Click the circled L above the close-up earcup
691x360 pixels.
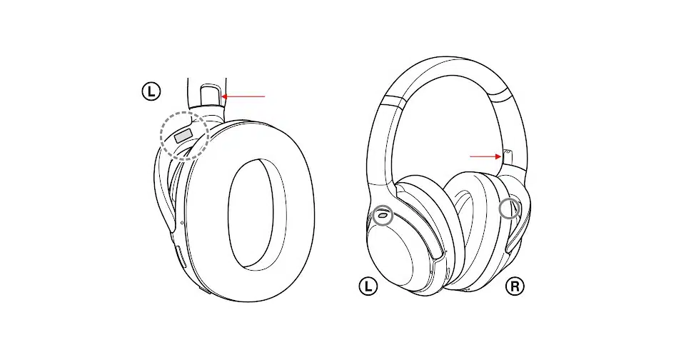(x=151, y=91)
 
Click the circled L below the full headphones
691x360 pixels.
(x=368, y=286)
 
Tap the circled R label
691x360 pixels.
(x=514, y=286)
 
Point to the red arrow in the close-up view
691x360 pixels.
(x=243, y=96)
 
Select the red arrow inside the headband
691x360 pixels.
(x=485, y=156)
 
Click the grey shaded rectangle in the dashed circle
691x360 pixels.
(x=183, y=136)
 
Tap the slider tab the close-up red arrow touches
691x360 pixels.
(x=211, y=96)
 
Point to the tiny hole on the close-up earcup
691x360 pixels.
(x=183, y=223)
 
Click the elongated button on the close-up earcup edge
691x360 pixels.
(x=180, y=257)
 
